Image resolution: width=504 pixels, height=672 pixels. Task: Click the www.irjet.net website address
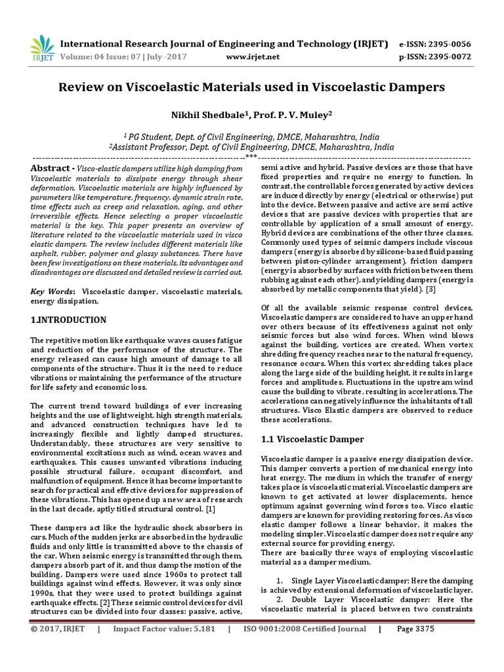pyautogui.click(x=253, y=57)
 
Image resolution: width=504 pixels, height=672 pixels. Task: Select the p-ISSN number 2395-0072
pyautogui.click(x=450, y=57)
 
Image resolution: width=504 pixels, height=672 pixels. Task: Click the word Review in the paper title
pyautogui.click(x=82, y=87)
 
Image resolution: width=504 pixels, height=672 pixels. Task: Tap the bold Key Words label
pyautogui.click(x=52, y=291)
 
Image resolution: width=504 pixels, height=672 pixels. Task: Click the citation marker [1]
pyautogui.click(x=210, y=510)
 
